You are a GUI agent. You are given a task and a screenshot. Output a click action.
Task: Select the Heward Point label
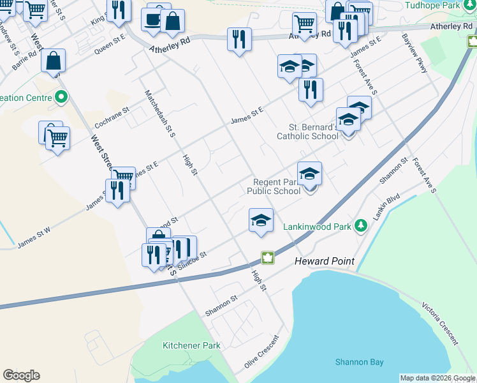[x=324, y=262]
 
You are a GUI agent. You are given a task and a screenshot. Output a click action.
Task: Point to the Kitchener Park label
[x=191, y=345]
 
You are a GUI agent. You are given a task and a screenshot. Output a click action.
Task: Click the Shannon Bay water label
[x=360, y=362]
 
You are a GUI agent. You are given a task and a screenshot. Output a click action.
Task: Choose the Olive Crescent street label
[x=261, y=352]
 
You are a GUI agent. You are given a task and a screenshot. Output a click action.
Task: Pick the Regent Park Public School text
[x=274, y=186]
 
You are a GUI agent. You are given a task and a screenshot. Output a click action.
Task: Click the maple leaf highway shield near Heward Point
[x=268, y=259]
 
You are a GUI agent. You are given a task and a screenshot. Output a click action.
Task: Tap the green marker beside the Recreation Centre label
[x=61, y=98]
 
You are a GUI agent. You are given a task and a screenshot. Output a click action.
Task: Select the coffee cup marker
[x=154, y=19]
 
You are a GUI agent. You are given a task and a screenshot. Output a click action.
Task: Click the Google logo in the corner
[x=21, y=375]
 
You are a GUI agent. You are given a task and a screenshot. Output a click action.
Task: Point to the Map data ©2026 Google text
[x=437, y=378]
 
